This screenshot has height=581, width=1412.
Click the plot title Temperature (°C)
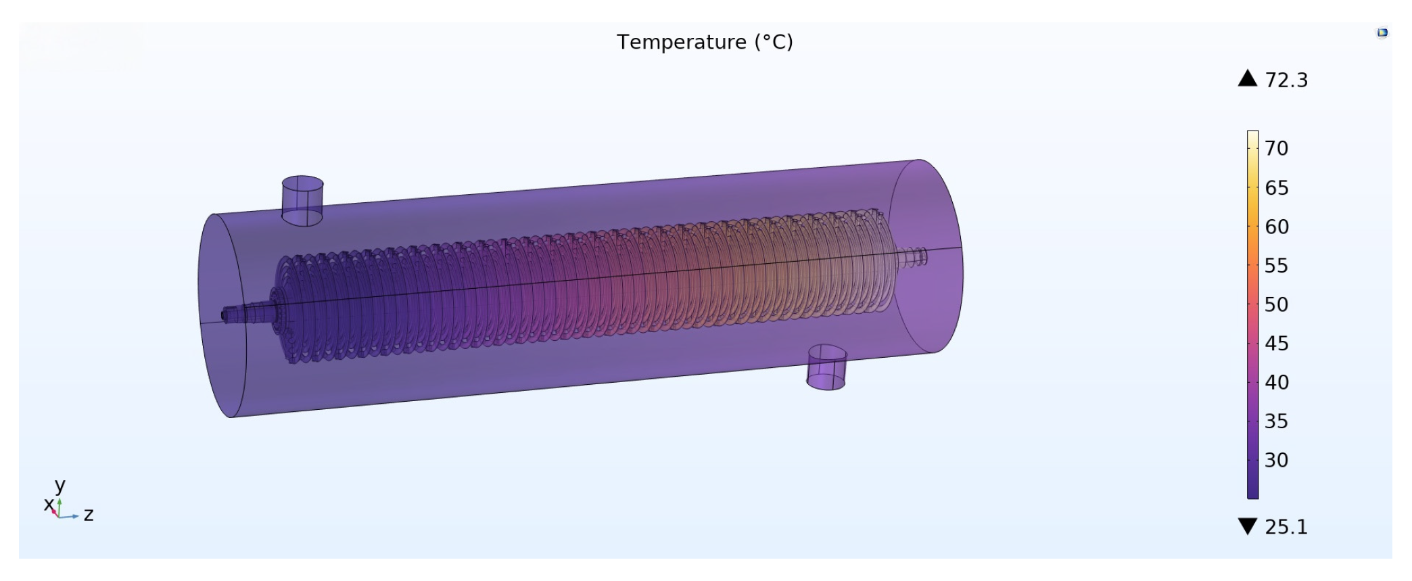click(705, 42)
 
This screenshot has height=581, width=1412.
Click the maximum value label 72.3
click(1286, 80)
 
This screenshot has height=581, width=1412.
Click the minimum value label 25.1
click(1286, 527)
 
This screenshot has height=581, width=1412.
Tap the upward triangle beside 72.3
click(1248, 78)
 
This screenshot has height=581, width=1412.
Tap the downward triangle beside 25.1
click(1248, 526)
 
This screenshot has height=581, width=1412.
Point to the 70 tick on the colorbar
click(1277, 149)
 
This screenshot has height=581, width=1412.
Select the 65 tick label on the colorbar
click(1277, 188)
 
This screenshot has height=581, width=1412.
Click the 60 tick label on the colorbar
click(1277, 227)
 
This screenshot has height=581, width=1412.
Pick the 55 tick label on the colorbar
click(1277, 266)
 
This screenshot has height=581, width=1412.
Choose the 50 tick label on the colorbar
click(1277, 305)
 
